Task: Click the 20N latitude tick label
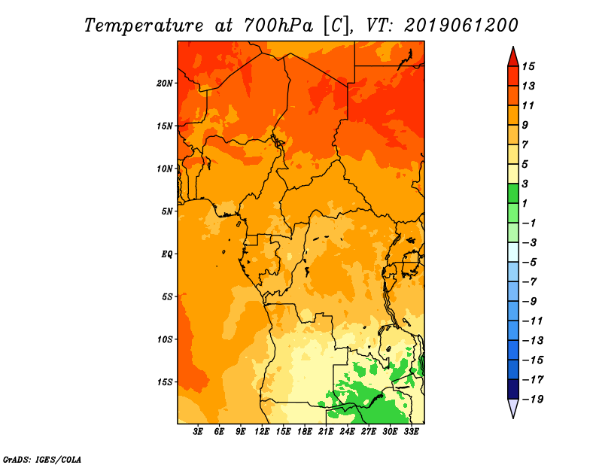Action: click(164, 84)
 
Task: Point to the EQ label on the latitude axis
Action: click(166, 254)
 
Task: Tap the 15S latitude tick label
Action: click(165, 382)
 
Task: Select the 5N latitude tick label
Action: click(167, 211)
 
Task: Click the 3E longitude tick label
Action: click(198, 432)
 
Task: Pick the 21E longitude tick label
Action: click(326, 432)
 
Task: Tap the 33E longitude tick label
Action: click(411, 432)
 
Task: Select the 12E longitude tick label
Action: click(262, 432)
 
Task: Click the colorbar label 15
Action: click(528, 67)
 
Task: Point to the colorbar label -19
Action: click(533, 400)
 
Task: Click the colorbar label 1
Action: click(524, 204)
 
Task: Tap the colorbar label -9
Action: click(530, 302)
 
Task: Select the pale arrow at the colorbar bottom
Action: click(513, 408)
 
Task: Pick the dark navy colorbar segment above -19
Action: click(513, 389)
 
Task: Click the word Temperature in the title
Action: click(144, 26)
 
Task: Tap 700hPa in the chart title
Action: click(278, 26)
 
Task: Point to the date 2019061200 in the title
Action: click(461, 26)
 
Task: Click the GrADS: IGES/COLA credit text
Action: click(42, 460)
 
